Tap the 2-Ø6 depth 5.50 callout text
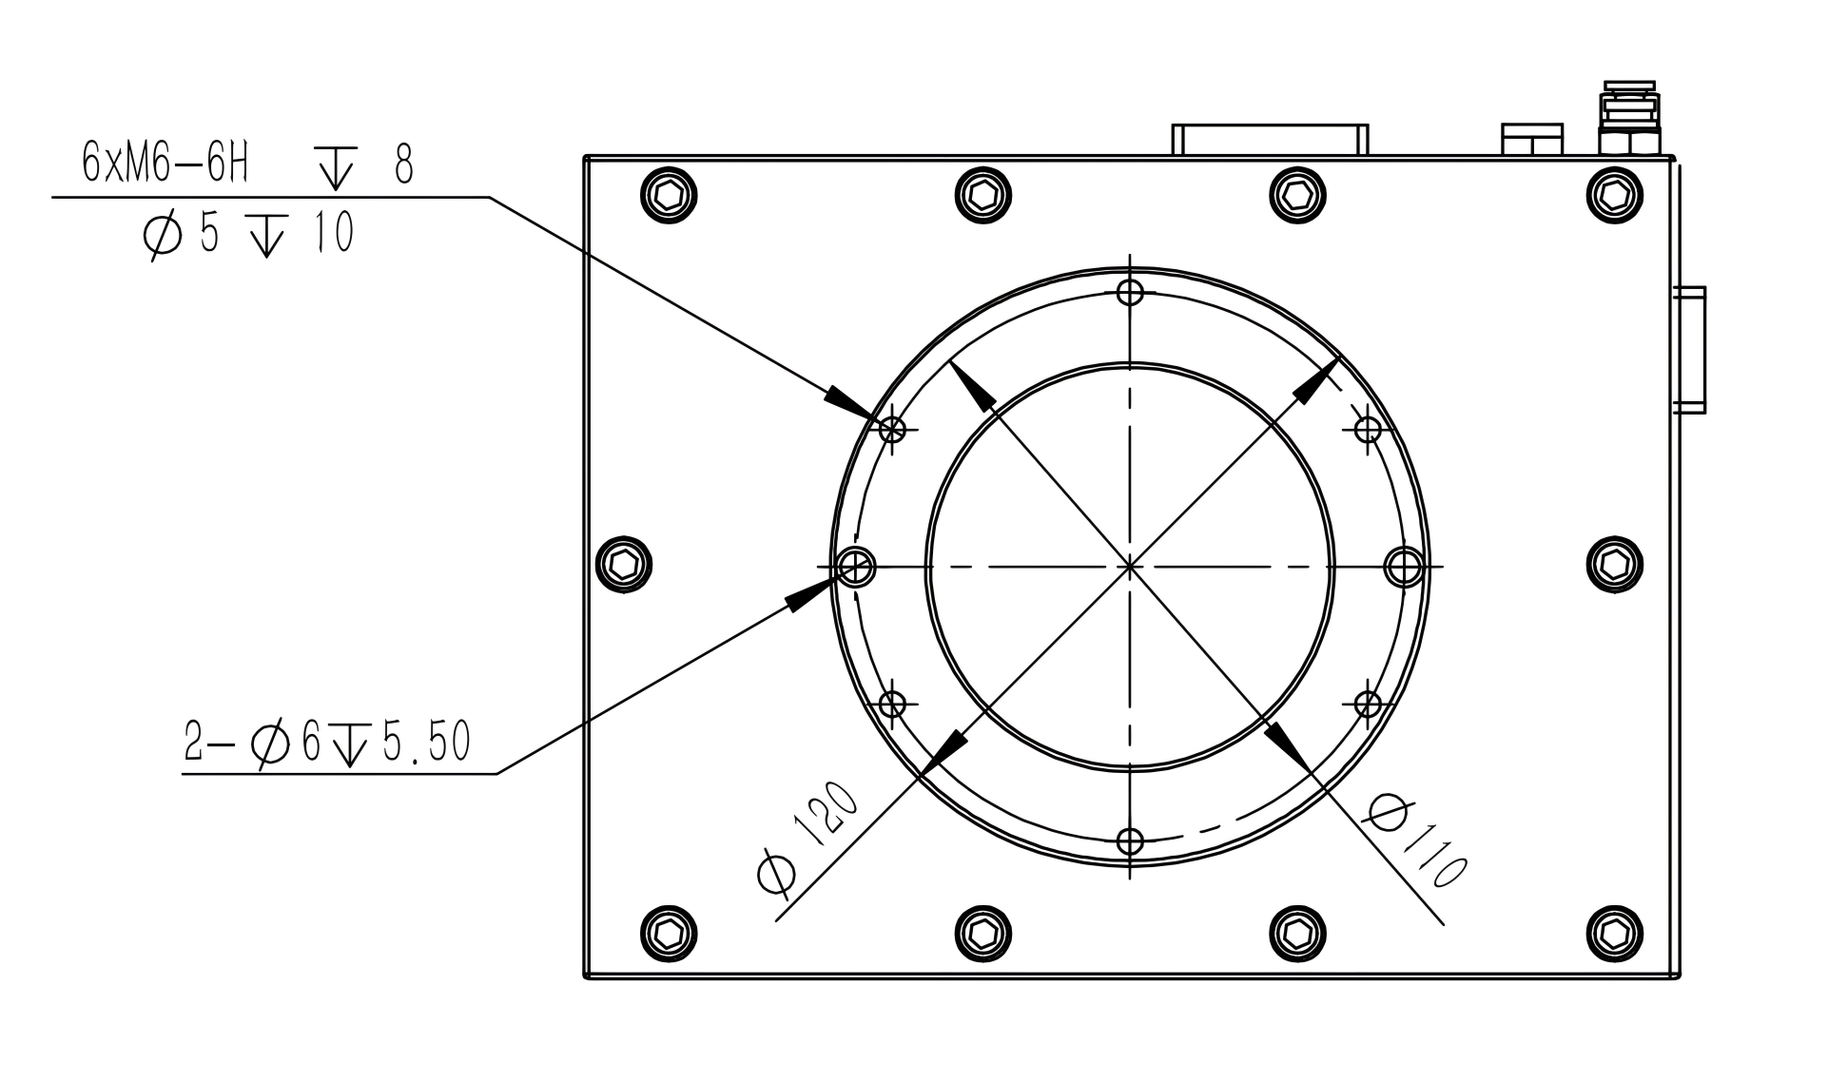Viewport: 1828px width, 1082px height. coord(327,744)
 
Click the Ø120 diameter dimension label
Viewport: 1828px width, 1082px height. coord(808,838)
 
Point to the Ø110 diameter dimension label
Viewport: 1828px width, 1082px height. coord(1417,841)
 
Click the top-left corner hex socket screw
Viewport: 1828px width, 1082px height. coord(669,196)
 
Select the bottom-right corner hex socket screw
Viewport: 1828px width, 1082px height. coord(1615,933)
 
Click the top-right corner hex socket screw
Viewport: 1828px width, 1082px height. coord(1615,196)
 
